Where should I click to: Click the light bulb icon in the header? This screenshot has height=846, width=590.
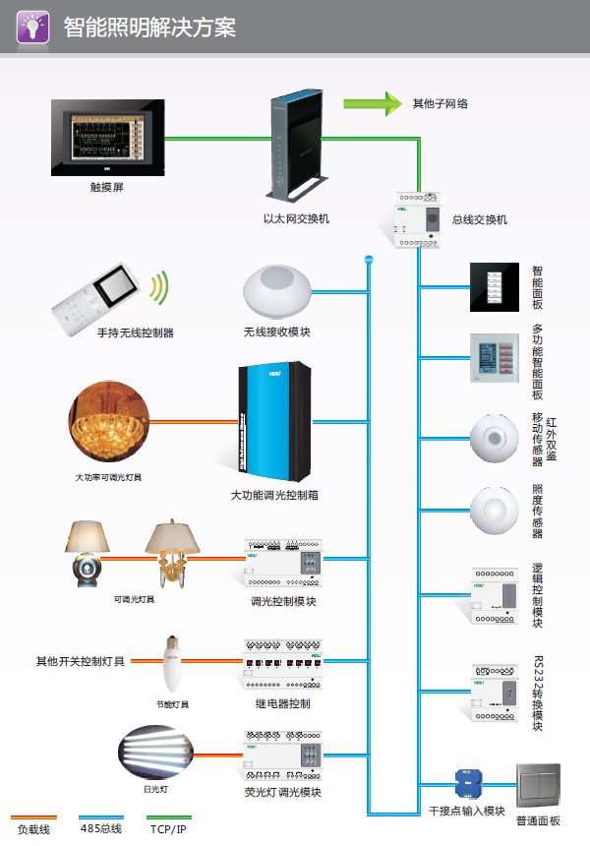pos(31,27)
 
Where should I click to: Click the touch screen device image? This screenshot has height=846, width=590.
pos(109,136)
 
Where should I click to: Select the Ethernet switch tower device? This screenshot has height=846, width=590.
pos(295,142)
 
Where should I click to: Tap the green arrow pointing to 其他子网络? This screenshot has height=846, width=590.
pos(373,103)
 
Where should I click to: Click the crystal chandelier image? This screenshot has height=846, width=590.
pos(109,425)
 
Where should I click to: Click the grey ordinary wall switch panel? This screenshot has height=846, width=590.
pos(537,786)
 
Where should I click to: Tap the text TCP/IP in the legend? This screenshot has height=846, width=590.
pos(167,830)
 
